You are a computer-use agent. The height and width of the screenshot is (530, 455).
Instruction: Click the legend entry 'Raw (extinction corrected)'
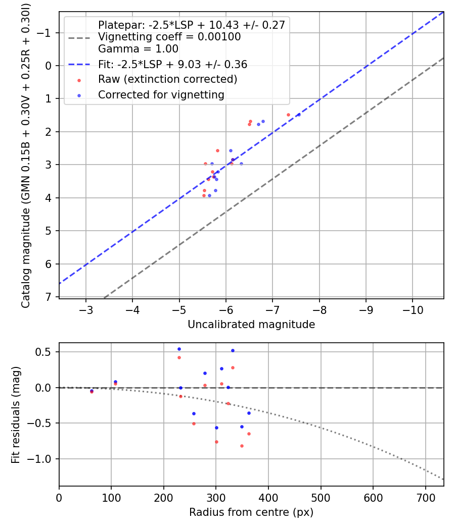pyautogui.click(x=167, y=79)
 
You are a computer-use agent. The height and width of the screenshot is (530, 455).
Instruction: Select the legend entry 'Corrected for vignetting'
pyautogui.click(x=161, y=94)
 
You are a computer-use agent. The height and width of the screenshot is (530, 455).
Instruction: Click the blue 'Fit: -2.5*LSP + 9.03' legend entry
pyautogui.click(x=172, y=64)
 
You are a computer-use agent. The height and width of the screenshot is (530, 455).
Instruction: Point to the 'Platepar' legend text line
pyautogui.click(x=191, y=25)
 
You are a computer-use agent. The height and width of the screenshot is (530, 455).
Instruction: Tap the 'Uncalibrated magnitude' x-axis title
pyautogui.click(x=251, y=325)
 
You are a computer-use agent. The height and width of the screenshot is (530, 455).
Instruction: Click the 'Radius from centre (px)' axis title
pyautogui.click(x=251, y=512)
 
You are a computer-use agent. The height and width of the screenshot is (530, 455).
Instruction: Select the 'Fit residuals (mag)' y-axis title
pyautogui.click(x=16, y=415)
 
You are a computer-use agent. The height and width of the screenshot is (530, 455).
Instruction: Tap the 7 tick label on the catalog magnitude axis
pyautogui.click(x=49, y=297)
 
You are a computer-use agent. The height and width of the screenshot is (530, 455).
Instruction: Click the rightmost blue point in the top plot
pyautogui.click(x=299, y=115)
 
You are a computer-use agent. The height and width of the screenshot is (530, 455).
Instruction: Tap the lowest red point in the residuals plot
pyautogui.click(x=242, y=446)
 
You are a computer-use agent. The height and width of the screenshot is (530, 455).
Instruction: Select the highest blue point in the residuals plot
pyautogui.click(x=179, y=349)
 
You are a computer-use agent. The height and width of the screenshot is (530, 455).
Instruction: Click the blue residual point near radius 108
pyautogui.click(x=115, y=382)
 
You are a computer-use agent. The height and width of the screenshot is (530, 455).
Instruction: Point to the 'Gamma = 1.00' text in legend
pyautogui.click(x=138, y=49)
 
